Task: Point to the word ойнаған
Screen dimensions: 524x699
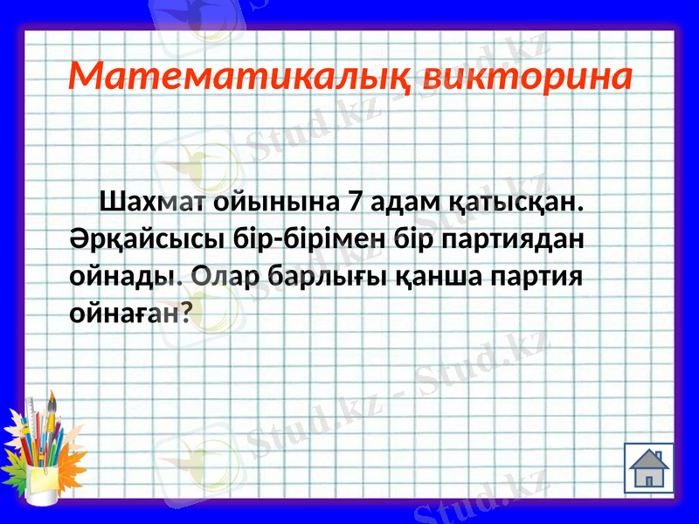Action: [x=122, y=315]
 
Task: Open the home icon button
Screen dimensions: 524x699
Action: [x=648, y=467]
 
